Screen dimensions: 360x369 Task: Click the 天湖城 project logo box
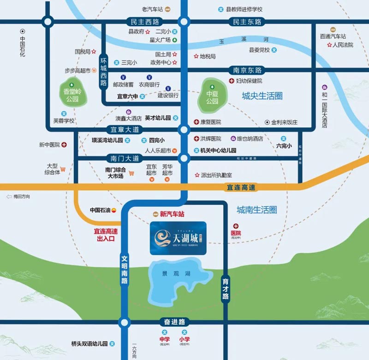[x=178, y=238]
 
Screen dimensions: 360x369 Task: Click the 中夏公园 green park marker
[x=212, y=95]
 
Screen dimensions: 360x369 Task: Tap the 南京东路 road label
[x=247, y=70]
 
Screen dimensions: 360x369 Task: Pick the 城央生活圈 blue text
[x=262, y=96]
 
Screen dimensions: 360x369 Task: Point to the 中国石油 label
[x=100, y=210]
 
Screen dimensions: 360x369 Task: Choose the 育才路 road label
[x=225, y=289]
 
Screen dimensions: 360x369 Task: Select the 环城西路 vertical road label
[x=103, y=72]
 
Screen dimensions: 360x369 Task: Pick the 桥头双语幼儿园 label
[x=89, y=344]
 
